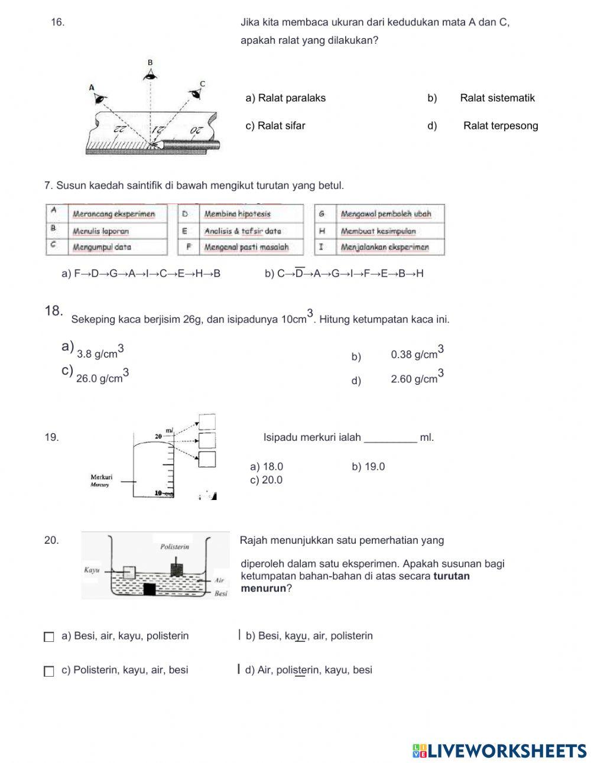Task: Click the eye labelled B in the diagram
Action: coord(150,74)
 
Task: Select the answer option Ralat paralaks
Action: coord(285,98)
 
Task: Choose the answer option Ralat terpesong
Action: coord(500,125)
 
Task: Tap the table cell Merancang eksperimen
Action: coord(113,214)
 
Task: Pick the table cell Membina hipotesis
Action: coord(237,214)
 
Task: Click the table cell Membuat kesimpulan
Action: coord(378,231)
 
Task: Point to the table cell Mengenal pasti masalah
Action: coord(246,247)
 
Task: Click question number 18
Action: coord(53,311)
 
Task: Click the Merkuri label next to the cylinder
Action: coord(101,478)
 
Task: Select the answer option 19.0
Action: coord(368,466)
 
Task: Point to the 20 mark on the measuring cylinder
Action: coord(158,436)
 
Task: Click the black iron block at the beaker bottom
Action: coord(149,589)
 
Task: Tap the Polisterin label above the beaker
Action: coord(175,547)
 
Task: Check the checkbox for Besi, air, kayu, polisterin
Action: coord(49,637)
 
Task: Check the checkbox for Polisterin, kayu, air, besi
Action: coord(49,671)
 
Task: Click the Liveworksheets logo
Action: coord(499,751)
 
